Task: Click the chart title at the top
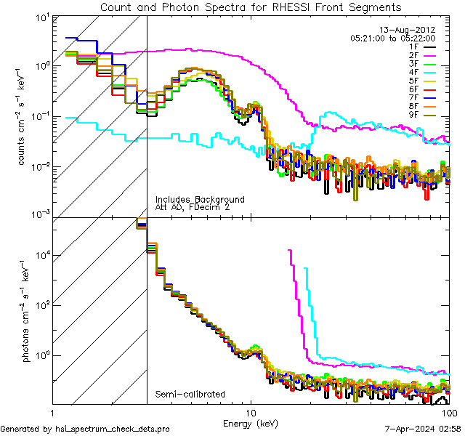point(250,7)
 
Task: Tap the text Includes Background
point(200,199)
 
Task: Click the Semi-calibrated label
point(190,395)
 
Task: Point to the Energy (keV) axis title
point(251,422)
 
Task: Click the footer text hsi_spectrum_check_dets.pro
point(85,429)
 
